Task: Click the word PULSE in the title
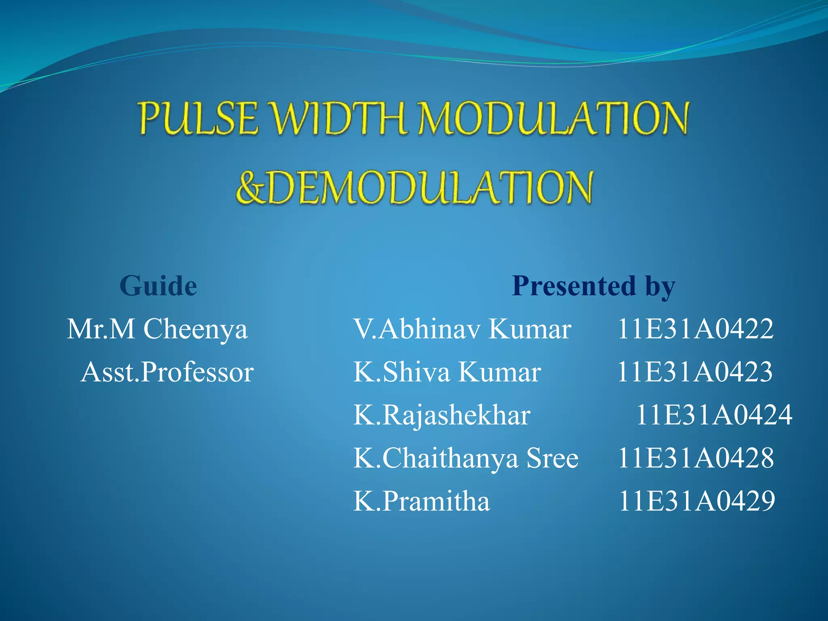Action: [x=198, y=118]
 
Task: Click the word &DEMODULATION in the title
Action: [x=414, y=187]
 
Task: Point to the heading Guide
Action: [x=158, y=286]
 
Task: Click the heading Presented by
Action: [x=593, y=286]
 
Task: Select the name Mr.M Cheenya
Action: [x=157, y=329]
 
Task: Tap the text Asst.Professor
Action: [x=167, y=372]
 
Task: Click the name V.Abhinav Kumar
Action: [x=462, y=329]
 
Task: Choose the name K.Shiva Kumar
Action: [x=447, y=372]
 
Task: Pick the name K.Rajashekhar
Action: [x=441, y=415]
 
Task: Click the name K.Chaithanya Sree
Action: [x=466, y=458]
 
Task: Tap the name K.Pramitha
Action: [x=421, y=501]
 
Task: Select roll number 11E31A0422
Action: [x=695, y=329]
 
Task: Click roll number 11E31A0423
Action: [x=695, y=372]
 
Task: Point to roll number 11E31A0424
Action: [x=714, y=415]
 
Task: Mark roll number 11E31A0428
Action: [x=695, y=458]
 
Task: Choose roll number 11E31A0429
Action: [x=697, y=501]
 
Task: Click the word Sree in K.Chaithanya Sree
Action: [x=552, y=458]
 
